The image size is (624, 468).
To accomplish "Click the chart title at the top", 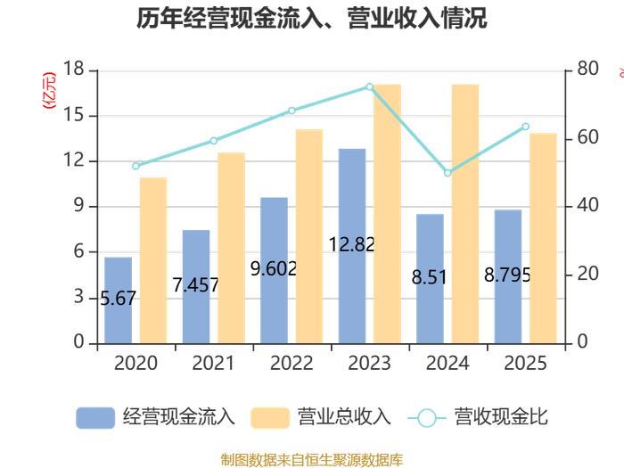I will click(x=312, y=19).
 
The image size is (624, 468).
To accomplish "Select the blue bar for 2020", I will click(x=118, y=300).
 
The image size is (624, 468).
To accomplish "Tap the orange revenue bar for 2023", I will click(x=387, y=214).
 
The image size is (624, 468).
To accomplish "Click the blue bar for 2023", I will click(x=352, y=245).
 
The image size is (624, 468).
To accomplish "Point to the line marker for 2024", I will click(x=447, y=172).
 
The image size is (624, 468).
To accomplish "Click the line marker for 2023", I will click(x=370, y=86).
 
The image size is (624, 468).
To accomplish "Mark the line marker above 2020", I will click(x=135, y=166).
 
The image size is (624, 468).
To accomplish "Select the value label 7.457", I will click(x=195, y=285).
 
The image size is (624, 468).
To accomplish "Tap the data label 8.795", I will click(x=507, y=275).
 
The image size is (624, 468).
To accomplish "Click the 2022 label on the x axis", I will click(x=291, y=364).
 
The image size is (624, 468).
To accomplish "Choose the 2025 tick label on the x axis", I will click(x=526, y=364).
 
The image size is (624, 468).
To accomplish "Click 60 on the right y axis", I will click(x=584, y=138).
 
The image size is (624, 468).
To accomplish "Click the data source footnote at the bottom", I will click(x=312, y=460).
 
